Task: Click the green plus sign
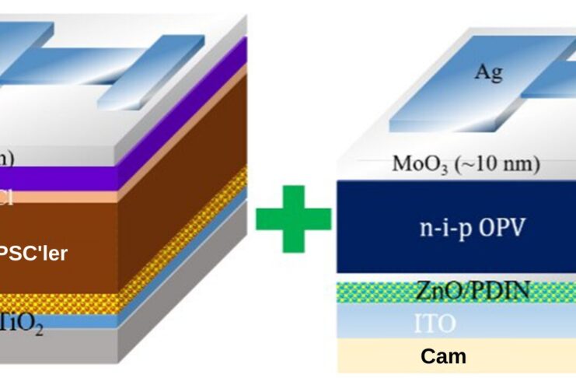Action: tap(293, 219)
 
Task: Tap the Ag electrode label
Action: tap(488, 74)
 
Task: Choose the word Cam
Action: tap(443, 356)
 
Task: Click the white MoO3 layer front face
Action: tap(373, 166)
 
